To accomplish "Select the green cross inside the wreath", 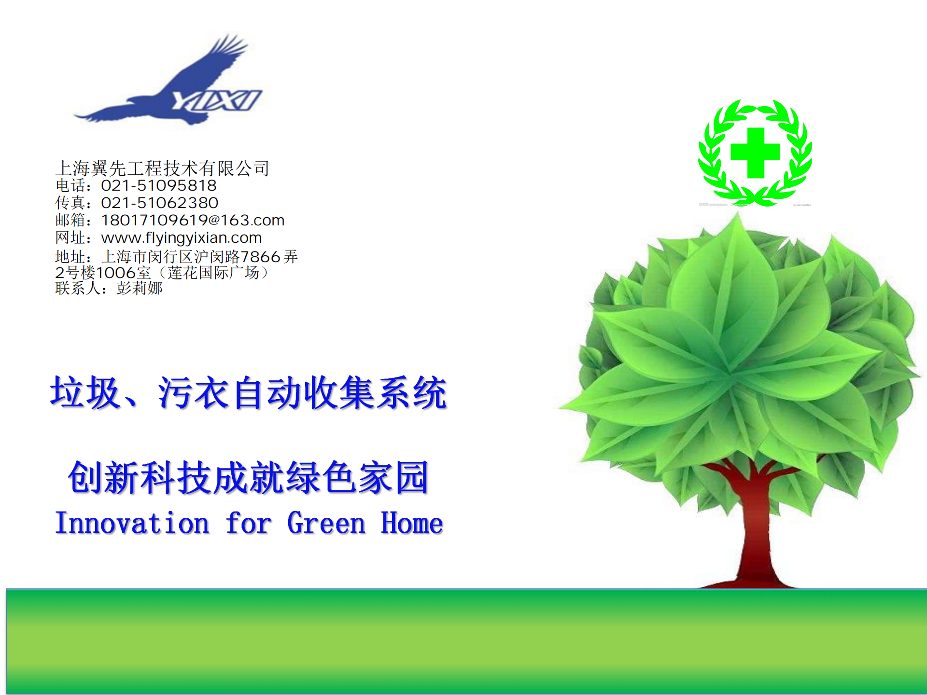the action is click(755, 153).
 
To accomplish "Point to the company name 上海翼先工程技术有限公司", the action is click(162, 168).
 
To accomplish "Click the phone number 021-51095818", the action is click(159, 185).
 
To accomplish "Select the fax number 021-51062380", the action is click(160, 203).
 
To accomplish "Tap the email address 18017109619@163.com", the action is click(193, 220).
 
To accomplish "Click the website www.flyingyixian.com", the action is click(182, 237).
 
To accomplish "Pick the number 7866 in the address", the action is click(260, 256).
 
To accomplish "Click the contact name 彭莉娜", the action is click(140, 288).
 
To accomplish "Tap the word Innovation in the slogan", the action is click(132, 523).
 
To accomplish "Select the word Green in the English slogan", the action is click(326, 523).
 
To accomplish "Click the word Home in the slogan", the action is click(412, 523).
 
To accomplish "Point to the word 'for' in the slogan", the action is click(249, 523).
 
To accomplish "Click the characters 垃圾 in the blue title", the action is click(85, 392).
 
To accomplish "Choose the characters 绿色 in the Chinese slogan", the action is click(322, 477).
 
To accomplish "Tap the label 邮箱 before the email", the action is click(70, 220).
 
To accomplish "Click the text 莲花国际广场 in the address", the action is click(213, 273).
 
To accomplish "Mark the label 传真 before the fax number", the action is click(70, 203).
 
